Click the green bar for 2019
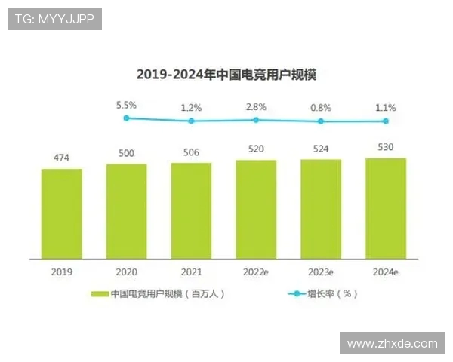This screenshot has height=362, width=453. coord(62,213)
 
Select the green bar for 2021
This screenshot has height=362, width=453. coord(191,210)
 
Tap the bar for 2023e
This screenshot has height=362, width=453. coord(321,209)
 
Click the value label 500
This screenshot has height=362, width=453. coord(126,153)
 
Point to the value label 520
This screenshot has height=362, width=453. coord(256,149)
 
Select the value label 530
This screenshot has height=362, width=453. coord(386,147)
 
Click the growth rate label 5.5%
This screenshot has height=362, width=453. coord(126,105)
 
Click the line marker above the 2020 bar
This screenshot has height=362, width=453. coord(126,118)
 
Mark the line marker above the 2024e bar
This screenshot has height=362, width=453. coord(386,121)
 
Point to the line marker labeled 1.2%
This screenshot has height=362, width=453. coord(191,121)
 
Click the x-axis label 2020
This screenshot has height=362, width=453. coord(126,271)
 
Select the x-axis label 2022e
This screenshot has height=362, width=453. coord(256,271)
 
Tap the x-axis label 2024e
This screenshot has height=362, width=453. coord(386,271)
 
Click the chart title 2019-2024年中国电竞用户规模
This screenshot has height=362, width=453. coord(226,74)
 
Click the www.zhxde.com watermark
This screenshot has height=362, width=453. coord(393,343)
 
